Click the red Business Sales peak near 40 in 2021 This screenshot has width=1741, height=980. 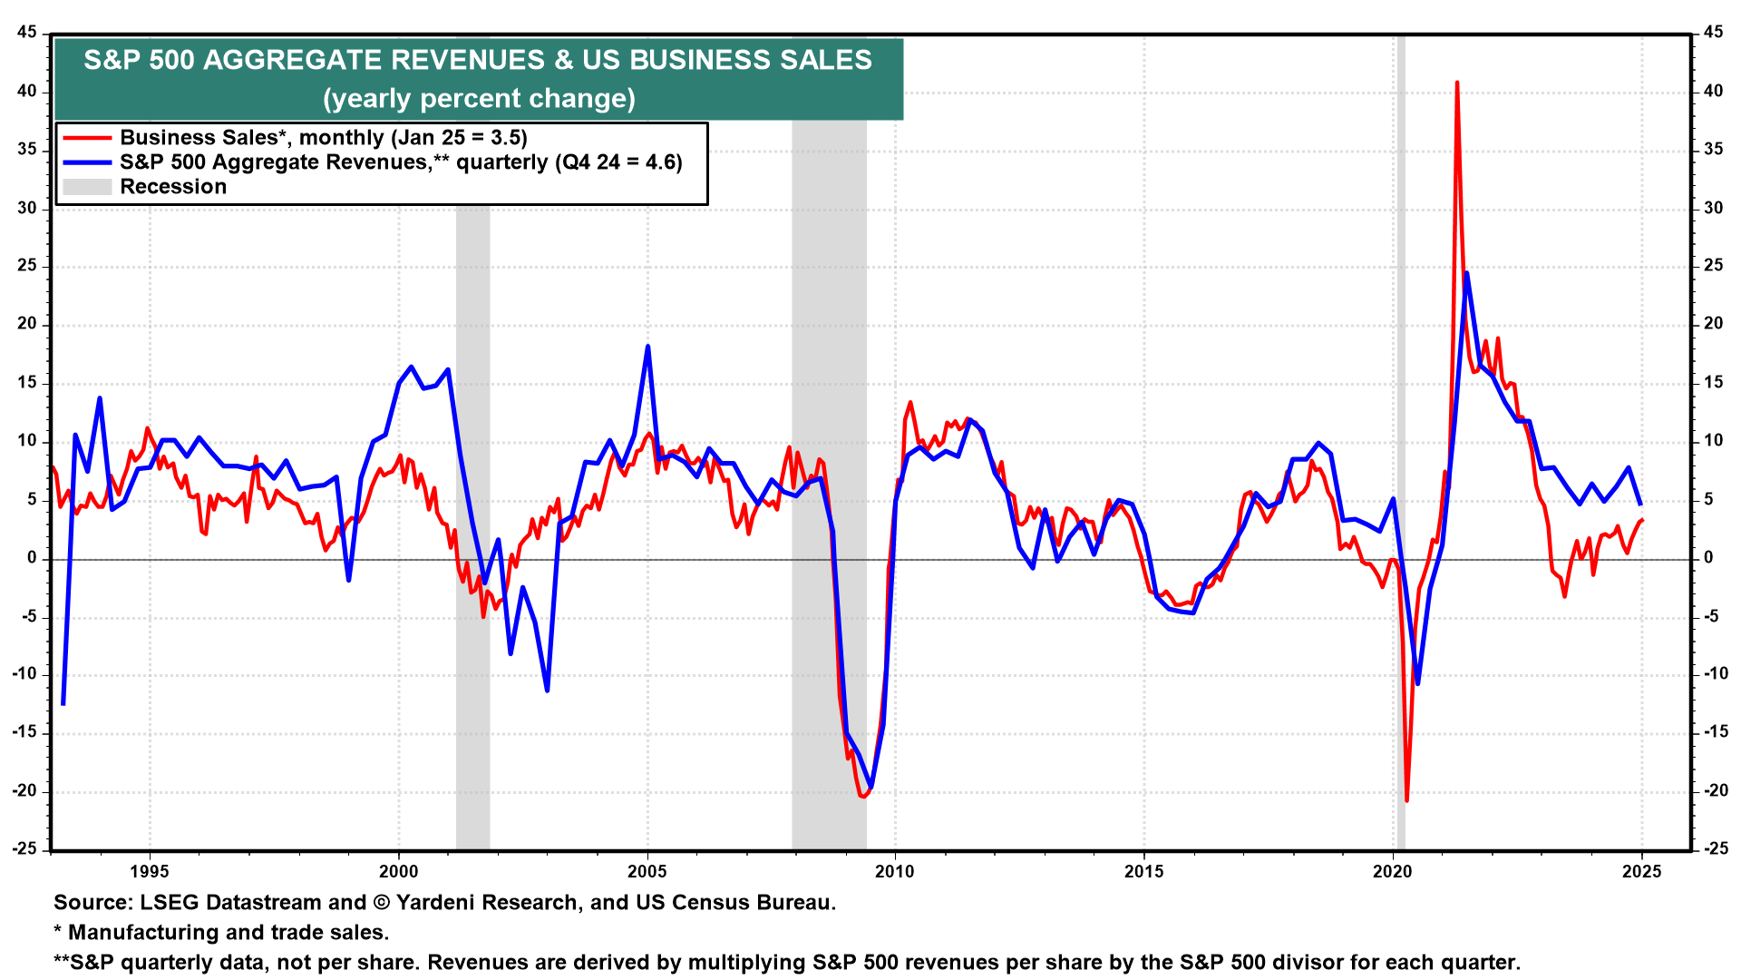(x=1456, y=83)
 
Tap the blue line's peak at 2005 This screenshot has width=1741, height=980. (x=647, y=347)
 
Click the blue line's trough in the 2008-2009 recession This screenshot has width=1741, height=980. (x=870, y=787)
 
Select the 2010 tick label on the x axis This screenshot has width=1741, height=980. (x=895, y=872)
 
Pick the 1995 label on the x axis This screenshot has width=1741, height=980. (x=149, y=872)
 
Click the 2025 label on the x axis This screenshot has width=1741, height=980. (x=1641, y=872)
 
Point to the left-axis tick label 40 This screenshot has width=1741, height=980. (x=26, y=91)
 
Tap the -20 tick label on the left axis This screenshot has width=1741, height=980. (x=24, y=790)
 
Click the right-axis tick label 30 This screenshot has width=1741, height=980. (x=1713, y=208)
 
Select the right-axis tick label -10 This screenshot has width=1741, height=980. (x=1716, y=673)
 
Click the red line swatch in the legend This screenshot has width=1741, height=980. (x=87, y=138)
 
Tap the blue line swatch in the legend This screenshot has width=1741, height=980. (x=87, y=162)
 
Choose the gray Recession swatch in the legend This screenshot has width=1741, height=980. (x=87, y=187)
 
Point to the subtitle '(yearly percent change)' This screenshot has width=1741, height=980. (x=479, y=98)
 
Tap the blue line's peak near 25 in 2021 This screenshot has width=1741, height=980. (x=1466, y=273)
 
